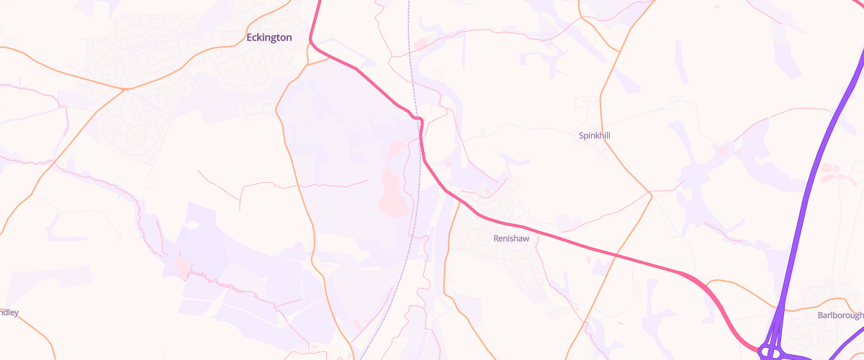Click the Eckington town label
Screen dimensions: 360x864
[x=269, y=37]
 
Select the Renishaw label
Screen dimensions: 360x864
[x=511, y=238]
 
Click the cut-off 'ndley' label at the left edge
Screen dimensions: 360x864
[x=9, y=312]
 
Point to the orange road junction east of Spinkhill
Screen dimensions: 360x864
[x=651, y=194]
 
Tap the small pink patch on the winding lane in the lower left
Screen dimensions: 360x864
[x=183, y=269]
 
